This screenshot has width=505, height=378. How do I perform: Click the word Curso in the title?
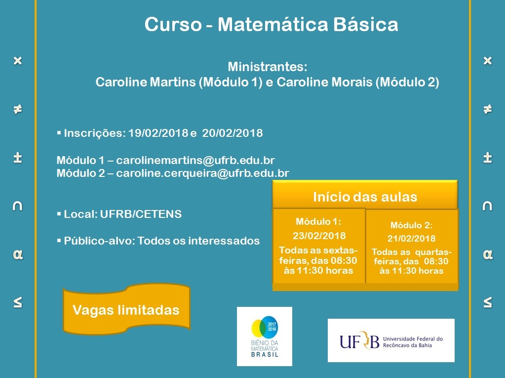[x=171, y=25]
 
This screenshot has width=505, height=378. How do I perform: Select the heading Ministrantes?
[x=268, y=67]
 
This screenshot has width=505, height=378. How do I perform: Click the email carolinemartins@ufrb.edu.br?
[x=195, y=161]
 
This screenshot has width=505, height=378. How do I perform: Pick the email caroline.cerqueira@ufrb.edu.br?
[x=202, y=173]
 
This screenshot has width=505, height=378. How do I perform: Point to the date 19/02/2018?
[x=158, y=133]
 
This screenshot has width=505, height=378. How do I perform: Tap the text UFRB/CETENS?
[x=141, y=214]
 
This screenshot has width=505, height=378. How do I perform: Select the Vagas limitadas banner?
[x=126, y=310]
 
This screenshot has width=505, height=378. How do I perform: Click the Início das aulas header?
[x=365, y=197]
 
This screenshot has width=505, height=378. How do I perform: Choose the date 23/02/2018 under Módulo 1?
[x=319, y=236]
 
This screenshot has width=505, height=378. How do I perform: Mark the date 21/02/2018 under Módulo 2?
[x=411, y=239]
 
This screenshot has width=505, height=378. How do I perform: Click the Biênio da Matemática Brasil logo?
[x=264, y=336]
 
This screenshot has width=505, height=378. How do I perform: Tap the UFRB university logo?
[x=391, y=340]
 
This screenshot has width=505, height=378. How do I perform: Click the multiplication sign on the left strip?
[x=18, y=61]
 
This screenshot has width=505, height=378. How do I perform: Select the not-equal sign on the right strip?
[x=488, y=109]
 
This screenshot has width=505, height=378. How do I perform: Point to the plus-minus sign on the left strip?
[x=18, y=157]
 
